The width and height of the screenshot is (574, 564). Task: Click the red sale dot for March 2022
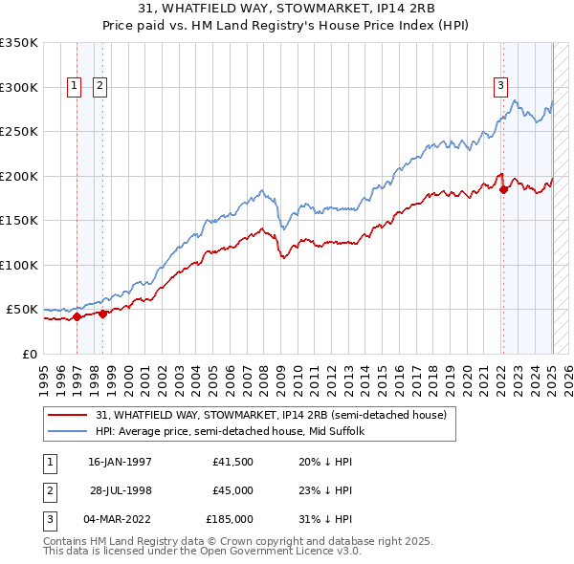point(503,188)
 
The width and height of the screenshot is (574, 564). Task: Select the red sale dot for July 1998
point(102,313)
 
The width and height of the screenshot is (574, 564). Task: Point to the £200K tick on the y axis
point(19,176)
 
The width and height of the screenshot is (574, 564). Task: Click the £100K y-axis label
point(19,265)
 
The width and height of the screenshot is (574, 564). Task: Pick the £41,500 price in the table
point(232,462)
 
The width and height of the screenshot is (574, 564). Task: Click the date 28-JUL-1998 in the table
point(121,490)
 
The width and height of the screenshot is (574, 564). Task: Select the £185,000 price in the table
point(230,519)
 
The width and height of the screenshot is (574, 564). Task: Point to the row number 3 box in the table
point(47,519)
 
